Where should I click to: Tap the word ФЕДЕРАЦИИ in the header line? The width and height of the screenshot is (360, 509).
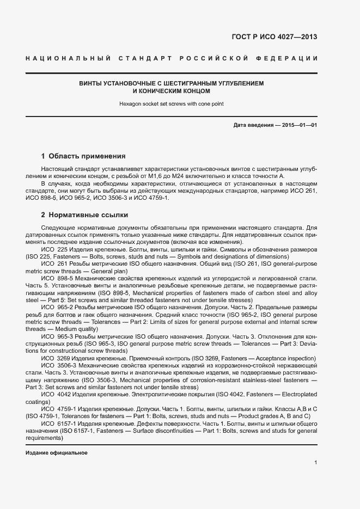coord(291,58)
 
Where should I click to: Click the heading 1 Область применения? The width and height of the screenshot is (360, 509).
coord(83,156)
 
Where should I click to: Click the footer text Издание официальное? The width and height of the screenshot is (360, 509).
coord(57,453)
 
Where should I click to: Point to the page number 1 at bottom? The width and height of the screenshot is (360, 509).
coord(316,463)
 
